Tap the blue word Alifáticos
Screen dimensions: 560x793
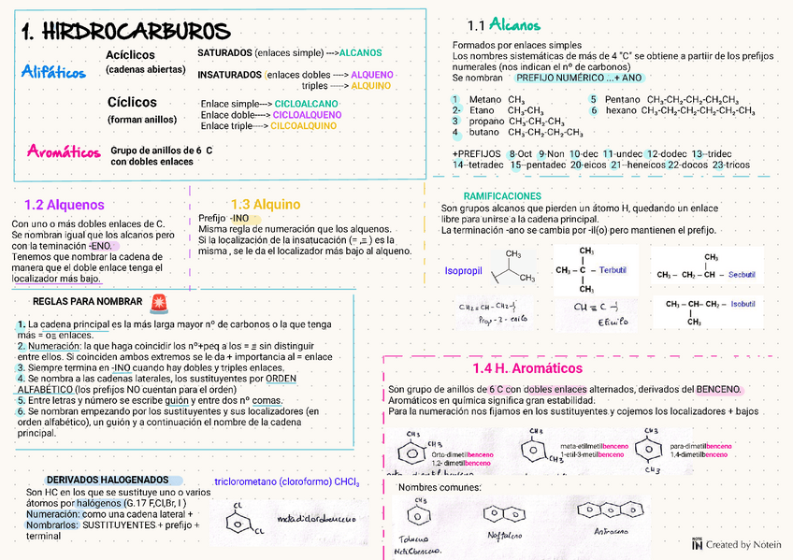pyautogui.click(x=53, y=72)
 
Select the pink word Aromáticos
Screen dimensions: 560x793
pyautogui.click(x=65, y=151)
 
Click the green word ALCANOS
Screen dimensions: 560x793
pyautogui.click(x=360, y=52)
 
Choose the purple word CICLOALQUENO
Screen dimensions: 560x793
pyautogui.click(x=307, y=114)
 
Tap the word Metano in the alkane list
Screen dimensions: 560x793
pyautogui.click(x=484, y=99)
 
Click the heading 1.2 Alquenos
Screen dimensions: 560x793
pyautogui.click(x=65, y=204)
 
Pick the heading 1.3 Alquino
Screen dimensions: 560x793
pyautogui.click(x=266, y=204)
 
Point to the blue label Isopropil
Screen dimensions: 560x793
pyautogui.click(x=464, y=270)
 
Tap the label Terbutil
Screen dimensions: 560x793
pyautogui.click(x=613, y=269)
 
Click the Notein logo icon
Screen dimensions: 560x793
pyautogui.click(x=697, y=542)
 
